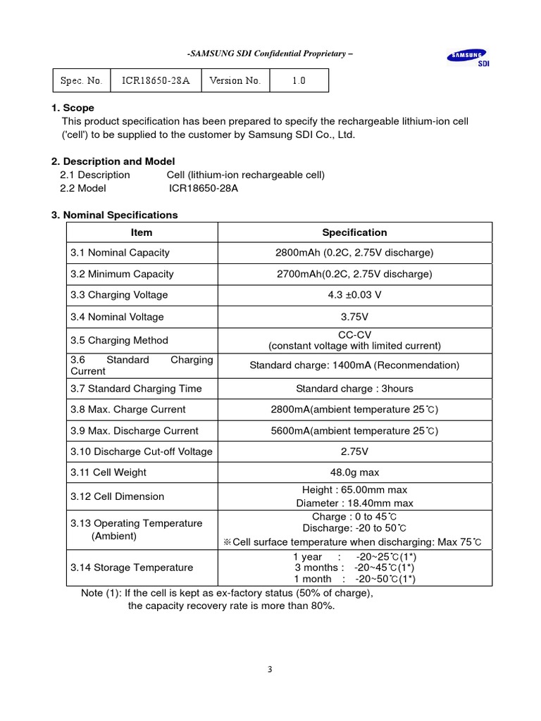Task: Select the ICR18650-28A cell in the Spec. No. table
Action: coord(156,80)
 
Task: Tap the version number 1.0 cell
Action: coord(299,80)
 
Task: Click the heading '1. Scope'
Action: coord(73,108)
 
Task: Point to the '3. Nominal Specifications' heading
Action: coord(115,215)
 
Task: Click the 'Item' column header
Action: coord(142,232)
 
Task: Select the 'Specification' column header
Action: coord(354,232)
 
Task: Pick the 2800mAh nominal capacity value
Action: coord(354,253)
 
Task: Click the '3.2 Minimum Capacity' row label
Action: coord(122,274)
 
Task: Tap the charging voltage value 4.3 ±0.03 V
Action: coord(354,294)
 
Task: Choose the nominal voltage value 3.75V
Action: coord(354,317)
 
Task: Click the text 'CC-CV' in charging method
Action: coord(354,334)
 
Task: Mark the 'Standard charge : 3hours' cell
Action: coord(354,389)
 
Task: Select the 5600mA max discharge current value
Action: coord(354,431)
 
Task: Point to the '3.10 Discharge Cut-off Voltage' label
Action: coord(141,451)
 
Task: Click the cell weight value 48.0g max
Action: coord(354,472)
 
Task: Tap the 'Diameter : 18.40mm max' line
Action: coord(354,503)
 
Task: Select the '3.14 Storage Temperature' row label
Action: coord(132,568)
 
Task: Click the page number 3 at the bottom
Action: coord(270,670)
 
